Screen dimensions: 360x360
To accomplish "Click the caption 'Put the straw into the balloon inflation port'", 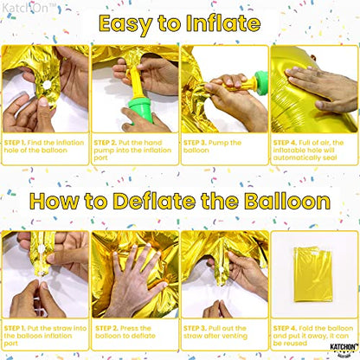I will point(43,331).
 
